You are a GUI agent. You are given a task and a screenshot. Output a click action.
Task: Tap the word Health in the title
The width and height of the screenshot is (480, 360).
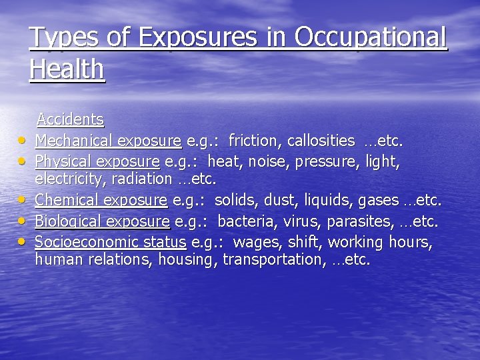(67, 69)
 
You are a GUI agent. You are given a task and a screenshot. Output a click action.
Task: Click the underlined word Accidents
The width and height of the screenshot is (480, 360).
(70, 120)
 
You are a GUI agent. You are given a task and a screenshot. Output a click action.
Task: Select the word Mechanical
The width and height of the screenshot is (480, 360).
(74, 141)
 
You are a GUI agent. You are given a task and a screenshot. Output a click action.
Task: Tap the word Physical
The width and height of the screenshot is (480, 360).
(62, 161)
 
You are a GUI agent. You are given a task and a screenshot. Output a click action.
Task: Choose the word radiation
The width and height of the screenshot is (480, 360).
(143, 179)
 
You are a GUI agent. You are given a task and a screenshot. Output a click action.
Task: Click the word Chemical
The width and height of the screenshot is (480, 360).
(66, 200)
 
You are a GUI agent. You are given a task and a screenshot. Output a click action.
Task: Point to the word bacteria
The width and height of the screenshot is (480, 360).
(246, 221)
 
